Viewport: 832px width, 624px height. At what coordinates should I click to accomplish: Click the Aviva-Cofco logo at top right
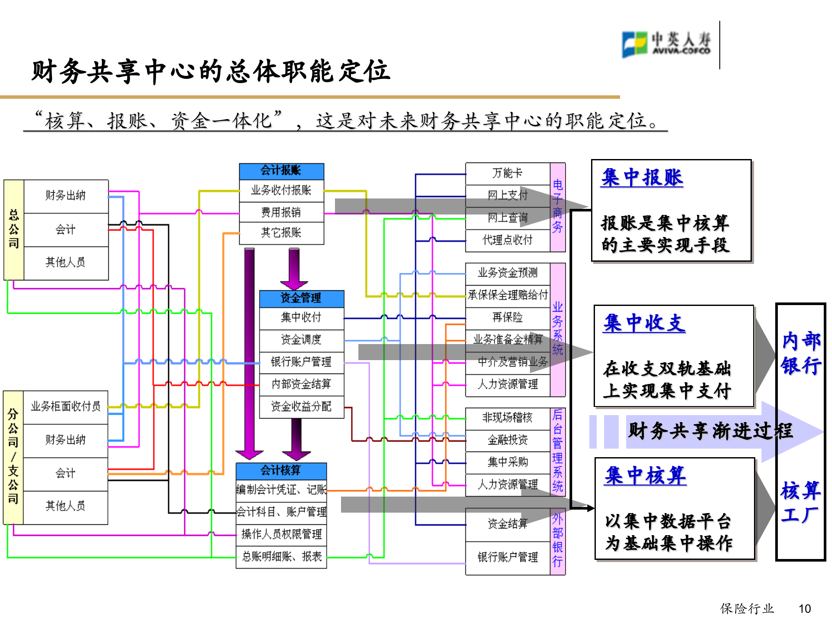pyautogui.click(x=666, y=44)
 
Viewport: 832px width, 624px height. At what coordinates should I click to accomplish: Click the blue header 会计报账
pyautogui.click(x=281, y=171)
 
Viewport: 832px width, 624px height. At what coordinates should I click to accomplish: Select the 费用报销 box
pyautogui.click(x=281, y=212)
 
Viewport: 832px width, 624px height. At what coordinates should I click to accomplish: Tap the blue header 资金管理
pyautogui.click(x=301, y=298)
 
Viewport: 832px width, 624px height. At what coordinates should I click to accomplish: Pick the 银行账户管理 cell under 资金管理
pyautogui.click(x=301, y=362)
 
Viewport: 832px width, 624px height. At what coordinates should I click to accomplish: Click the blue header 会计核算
pyautogui.click(x=281, y=471)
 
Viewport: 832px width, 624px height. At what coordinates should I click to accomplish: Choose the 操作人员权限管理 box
pyautogui.click(x=281, y=534)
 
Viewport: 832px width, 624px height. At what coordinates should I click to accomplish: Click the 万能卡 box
pyautogui.click(x=507, y=174)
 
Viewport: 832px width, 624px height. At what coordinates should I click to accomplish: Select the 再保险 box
pyautogui.click(x=507, y=318)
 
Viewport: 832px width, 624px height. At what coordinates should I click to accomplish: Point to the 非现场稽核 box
pyautogui.click(x=507, y=418)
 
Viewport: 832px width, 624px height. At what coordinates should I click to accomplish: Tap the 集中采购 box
pyautogui.click(x=507, y=462)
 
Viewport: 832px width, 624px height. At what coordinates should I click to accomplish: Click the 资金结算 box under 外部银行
pyautogui.click(x=507, y=524)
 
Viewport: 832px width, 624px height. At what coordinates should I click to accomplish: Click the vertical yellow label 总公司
pyautogui.click(x=14, y=229)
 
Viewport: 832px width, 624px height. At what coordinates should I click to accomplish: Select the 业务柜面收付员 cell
pyautogui.click(x=65, y=406)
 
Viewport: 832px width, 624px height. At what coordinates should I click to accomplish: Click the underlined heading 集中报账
pyautogui.click(x=642, y=178)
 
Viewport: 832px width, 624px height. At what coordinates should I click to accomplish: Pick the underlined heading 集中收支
pyautogui.click(x=644, y=324)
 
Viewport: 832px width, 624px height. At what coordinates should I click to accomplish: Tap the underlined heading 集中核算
pyautogui.click(x=646, y=476)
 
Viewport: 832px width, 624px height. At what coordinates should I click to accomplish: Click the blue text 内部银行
pyautogui.click(x=801, y=353)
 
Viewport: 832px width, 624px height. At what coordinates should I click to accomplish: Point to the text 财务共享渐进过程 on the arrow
pyautogui.click(x=710, y=431)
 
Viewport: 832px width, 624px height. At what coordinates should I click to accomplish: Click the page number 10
pyautogui.click(x=804, y=609)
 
